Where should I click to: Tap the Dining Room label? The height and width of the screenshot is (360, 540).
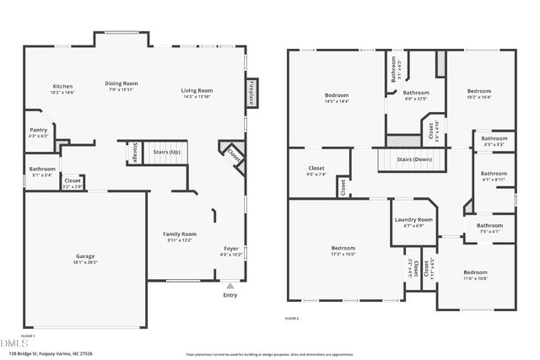121,83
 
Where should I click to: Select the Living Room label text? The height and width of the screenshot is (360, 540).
197,90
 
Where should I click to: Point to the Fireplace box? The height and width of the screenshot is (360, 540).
251,93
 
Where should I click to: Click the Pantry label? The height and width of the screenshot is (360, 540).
38,130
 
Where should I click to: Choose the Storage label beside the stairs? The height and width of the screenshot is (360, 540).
135,153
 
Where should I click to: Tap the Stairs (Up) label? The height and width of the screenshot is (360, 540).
166,152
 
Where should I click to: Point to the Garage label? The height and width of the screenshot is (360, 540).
85,257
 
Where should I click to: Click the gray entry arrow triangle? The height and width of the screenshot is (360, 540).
229,286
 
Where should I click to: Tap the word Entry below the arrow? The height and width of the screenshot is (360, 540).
229,295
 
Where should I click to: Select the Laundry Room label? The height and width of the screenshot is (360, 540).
413,220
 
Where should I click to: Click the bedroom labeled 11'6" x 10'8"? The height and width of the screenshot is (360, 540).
475,272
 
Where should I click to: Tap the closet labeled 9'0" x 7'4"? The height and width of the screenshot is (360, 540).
316,169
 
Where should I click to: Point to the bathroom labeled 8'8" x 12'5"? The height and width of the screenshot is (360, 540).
415,93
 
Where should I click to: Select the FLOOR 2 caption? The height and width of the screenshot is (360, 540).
292,318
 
